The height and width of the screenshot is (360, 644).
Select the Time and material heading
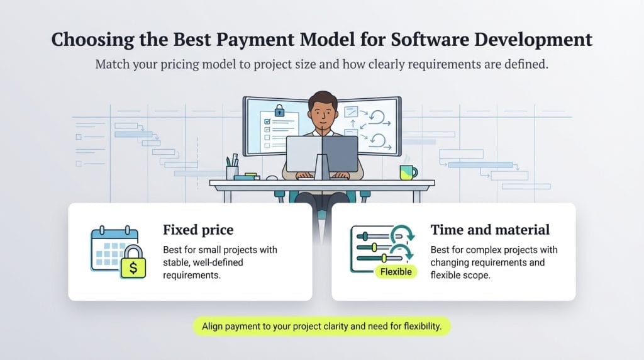[490, 230]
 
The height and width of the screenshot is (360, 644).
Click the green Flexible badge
[396, 272]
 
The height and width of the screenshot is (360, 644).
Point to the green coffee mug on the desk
[408, 172]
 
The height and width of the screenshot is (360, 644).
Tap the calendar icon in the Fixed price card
[113, 247]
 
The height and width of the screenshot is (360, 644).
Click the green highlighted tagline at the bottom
[321, 327]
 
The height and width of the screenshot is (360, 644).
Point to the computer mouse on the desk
[272, 177]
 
